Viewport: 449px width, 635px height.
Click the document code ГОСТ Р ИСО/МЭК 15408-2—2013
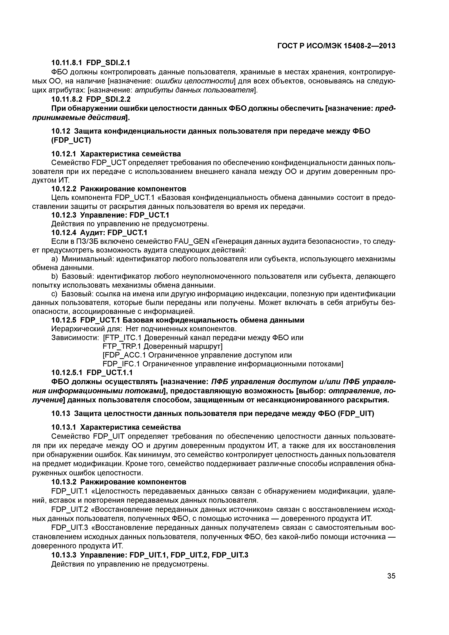[336, 46]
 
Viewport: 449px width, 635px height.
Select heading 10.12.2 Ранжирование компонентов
[119, 189]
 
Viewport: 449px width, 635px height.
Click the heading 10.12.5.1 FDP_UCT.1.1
[92, 372]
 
